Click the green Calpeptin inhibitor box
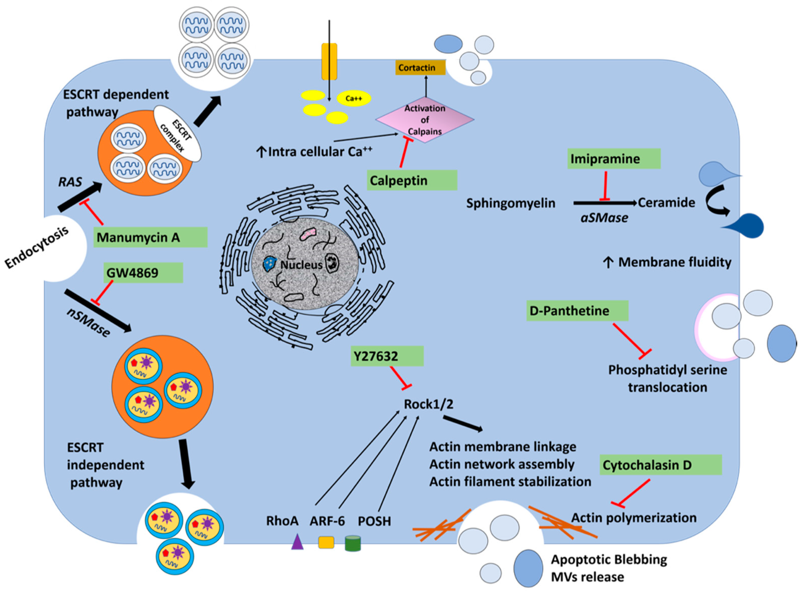(411, 180)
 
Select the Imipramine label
(613, 159)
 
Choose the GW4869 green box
(143, 273)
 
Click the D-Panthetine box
(577, 310)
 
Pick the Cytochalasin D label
(660, 465)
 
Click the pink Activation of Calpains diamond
(425, 120)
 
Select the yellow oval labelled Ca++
(353, 98)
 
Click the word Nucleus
(301, 265)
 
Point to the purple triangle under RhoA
(297, 542)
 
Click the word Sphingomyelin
(510, 203)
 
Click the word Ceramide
(666, 203)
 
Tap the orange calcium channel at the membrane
(329, 62)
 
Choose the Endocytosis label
(36, 248)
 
